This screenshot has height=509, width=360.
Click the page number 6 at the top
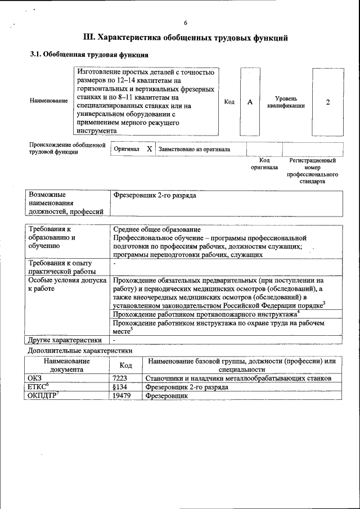185,23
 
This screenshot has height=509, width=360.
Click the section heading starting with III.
185,38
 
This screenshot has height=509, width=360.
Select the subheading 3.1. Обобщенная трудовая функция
89,56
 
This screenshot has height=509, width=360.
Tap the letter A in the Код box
250,102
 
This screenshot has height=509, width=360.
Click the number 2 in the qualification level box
327,102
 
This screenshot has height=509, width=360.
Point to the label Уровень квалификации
286,102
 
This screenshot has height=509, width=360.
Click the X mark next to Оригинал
149,149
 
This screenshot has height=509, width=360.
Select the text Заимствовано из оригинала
194,150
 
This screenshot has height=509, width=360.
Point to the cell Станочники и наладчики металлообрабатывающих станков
238,379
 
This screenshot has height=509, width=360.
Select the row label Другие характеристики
65,340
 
